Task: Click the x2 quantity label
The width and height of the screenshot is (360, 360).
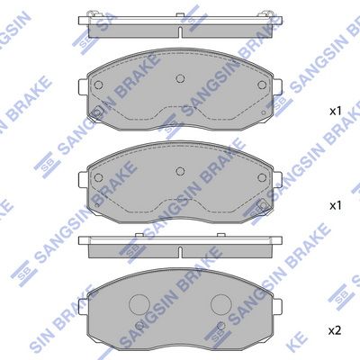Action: point(335,330)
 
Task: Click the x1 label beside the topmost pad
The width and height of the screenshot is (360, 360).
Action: point(336,112)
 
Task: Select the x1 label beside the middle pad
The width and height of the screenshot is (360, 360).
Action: point(336,206)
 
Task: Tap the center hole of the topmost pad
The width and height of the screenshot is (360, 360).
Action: point(180,78)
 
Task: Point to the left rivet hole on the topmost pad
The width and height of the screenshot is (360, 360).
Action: point(98,85)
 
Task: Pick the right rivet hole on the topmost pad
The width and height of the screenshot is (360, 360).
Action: point(262,85)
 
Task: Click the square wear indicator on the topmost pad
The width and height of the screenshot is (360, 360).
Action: point(98,112)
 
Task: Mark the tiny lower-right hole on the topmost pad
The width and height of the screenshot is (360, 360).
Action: point(263,112)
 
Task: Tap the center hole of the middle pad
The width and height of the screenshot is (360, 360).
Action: point(180,171)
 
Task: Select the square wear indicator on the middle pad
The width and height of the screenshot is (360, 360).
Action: point(263,204)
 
